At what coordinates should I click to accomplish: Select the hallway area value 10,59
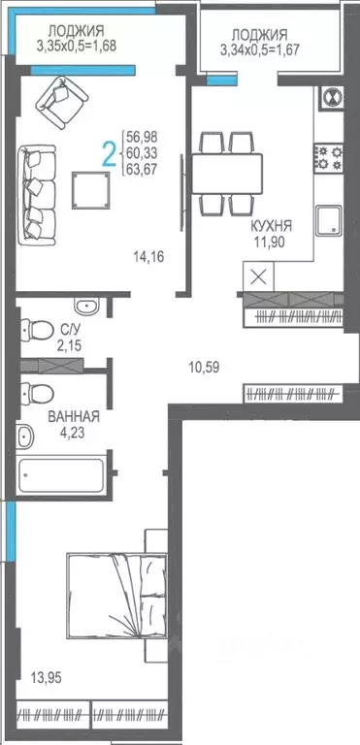tap(206, 366)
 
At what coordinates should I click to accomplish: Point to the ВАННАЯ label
tap(74, 418)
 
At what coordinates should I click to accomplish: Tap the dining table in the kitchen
tap(225, 174)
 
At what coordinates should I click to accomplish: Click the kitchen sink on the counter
tap(330, 219)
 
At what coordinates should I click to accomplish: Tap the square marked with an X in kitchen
tap(258, 275)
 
